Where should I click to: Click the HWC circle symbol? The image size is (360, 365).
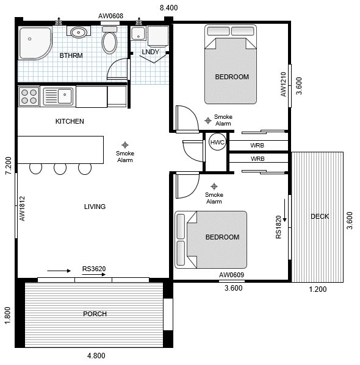pos(217,143)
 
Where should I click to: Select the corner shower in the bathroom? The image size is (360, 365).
pos(34,43)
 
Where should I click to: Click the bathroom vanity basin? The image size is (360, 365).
pos(78,32)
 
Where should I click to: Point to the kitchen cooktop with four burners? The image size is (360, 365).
pos(29,96)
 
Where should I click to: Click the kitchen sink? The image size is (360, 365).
pos(58,96)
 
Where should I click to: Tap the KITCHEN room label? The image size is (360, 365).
pos(70,121)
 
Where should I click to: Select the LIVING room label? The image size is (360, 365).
pos(95,207)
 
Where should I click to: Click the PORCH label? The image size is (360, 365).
pos(95,314)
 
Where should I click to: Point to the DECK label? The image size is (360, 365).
pos(319,216)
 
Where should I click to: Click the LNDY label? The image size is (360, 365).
pos(150,52)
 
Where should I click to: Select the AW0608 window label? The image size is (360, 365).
pos(110,16)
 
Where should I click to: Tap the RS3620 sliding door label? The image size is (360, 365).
pos(94,269)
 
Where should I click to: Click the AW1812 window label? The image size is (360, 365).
pos(22,208)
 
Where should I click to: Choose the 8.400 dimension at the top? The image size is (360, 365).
pos(168,7)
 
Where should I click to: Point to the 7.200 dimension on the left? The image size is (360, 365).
pos(8,166)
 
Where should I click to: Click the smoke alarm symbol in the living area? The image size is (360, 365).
pos(125,144)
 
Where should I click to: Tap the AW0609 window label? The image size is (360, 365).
pos(231,275)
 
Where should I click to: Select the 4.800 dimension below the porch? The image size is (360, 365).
pos(96,356)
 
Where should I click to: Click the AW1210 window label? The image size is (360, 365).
pos(283,85)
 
